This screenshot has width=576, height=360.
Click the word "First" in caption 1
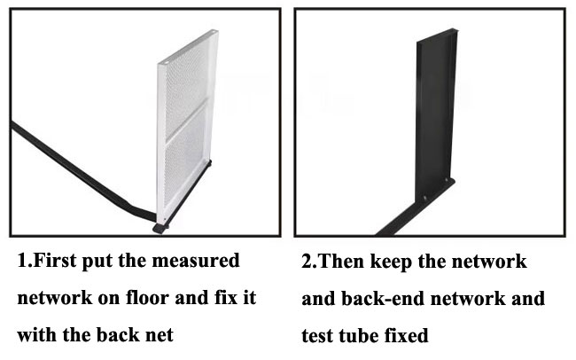tap(55, 261)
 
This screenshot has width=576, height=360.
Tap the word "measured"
tap(196, 261)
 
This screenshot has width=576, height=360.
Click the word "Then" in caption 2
tap(341, 262)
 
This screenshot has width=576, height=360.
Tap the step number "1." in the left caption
tap(25, 261)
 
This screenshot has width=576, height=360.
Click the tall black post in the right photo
tap(436, 114)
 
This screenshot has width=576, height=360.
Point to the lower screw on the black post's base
tap(424, 199)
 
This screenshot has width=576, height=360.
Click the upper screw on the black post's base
tap(447, 180)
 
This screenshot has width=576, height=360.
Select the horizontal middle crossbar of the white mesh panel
tap(187, 121)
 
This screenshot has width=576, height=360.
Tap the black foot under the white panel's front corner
tap(160, 229)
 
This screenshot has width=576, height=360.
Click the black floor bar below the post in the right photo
tap(416, 207)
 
